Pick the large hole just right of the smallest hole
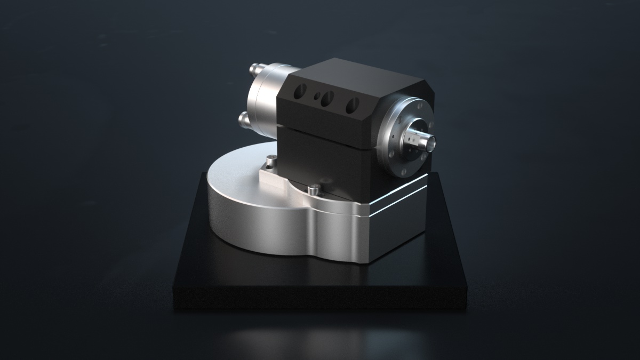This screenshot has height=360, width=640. point(327,98)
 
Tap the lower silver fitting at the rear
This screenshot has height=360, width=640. point(245,118)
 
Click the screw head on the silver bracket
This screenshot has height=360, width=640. point(271,159)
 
